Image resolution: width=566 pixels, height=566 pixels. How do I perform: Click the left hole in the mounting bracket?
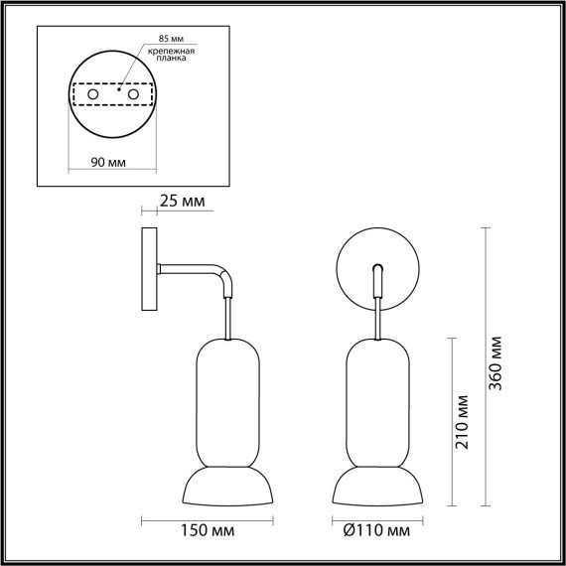[94, 94]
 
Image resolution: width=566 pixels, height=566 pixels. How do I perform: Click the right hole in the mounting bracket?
[130, 94]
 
